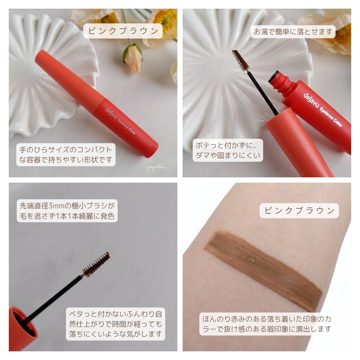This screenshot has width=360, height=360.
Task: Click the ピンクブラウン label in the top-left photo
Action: pyautogui.click(x=123, y=31)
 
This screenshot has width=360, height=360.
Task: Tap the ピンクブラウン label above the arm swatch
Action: pyautogui.click(x=299, y=211)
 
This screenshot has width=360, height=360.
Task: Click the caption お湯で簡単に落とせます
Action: pyautogui.click(x=293, y=32)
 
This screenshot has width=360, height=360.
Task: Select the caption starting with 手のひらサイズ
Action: pyautogui.click(x=66, y=155)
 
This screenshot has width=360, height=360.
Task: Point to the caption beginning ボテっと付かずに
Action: pyautogui.click(x=228, y=150)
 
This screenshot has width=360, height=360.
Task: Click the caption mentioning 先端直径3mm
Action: pyautogui.click(x=67, y=211)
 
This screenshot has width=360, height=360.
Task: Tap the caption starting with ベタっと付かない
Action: pyautogui.click(x=115, y=324)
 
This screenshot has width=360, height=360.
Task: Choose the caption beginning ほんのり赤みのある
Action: pyautogui.click(x=267, y=324)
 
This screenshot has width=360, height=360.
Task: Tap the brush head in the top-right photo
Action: pyautogui.click(x=240, y=60)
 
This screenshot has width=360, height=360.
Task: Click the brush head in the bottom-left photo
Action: pyautogui.click(x=96, y=264)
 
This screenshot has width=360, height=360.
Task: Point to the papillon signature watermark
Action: pyautogui.click(x=157, y=167)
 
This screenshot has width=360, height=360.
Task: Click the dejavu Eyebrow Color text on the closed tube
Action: pyautogui.click(x=120, y=121)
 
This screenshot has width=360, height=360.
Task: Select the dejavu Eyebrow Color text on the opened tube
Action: pyautogui.click(x=323, y=110)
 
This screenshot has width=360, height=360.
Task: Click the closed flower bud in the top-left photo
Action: pyautogui.click(x=132, y=58)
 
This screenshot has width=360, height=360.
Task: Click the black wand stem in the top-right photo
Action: pyautogui.click(x=263, y=93)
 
